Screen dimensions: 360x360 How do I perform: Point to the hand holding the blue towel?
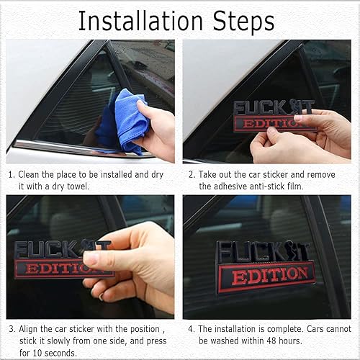click(x=158, y=130)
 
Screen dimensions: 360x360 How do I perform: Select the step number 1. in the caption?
click(x=12, y=174)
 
